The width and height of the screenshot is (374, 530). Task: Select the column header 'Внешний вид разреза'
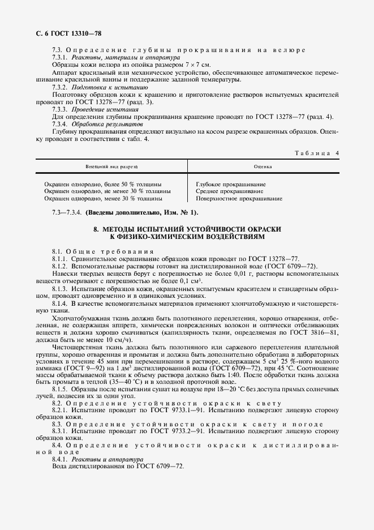[x=111, y=168]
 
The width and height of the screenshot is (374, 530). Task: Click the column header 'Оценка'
[x=263, y=168]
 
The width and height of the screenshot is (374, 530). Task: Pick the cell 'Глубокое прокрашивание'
[x=231, y=185]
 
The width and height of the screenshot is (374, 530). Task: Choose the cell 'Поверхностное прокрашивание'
[x=239, y=199]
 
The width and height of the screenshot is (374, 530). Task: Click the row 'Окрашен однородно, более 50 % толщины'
[x=102, y=185]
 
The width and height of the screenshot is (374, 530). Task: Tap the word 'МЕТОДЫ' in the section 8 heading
[x=118, y=228]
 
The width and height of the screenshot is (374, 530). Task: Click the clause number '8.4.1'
[x=59, y=459]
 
